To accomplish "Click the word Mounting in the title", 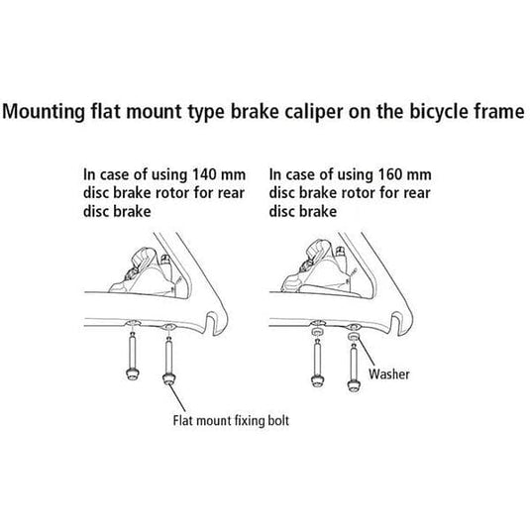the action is (x=44, y=112).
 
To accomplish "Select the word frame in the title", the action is (x=499, y=111).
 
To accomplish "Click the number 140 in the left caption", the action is (x=205, y=174).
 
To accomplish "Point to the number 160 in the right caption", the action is (x=390, y=174).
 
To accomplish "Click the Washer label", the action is (x=389, y=374).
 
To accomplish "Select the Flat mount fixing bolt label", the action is (x=231, y=421).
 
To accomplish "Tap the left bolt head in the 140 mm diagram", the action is (x=132, y=373).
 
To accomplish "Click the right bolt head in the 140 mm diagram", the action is (x=169, y=378).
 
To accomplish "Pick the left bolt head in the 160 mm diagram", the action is (x=317, y=380).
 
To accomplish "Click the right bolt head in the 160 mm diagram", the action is (x=354, y=385).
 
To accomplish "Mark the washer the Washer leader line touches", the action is (x=354, y=337).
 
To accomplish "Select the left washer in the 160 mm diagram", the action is (x=317, y=333).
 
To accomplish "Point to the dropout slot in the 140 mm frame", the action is (x=210, y=324).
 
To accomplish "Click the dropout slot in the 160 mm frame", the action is (x=395, y=324).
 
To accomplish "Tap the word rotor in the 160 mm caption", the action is (x=359, y=193).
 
